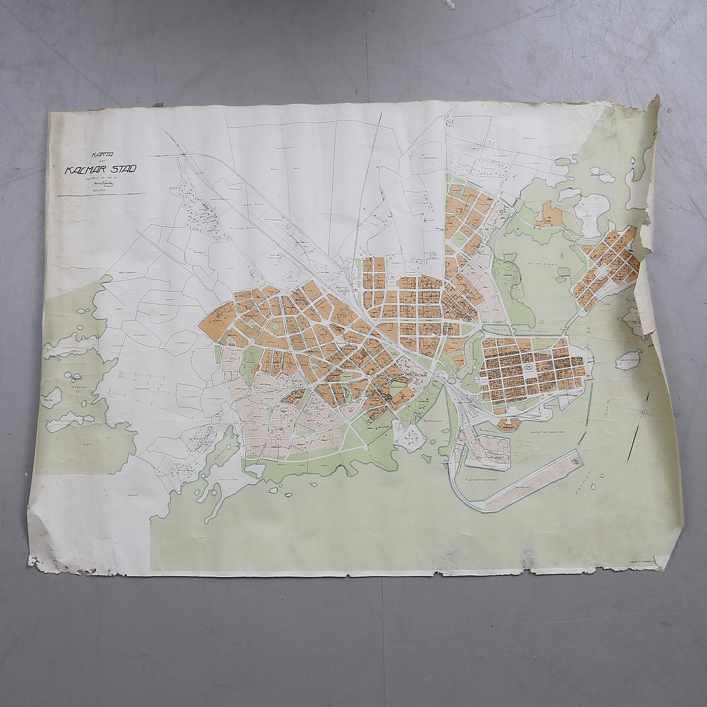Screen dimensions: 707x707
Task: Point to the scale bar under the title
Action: click(99, 193)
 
